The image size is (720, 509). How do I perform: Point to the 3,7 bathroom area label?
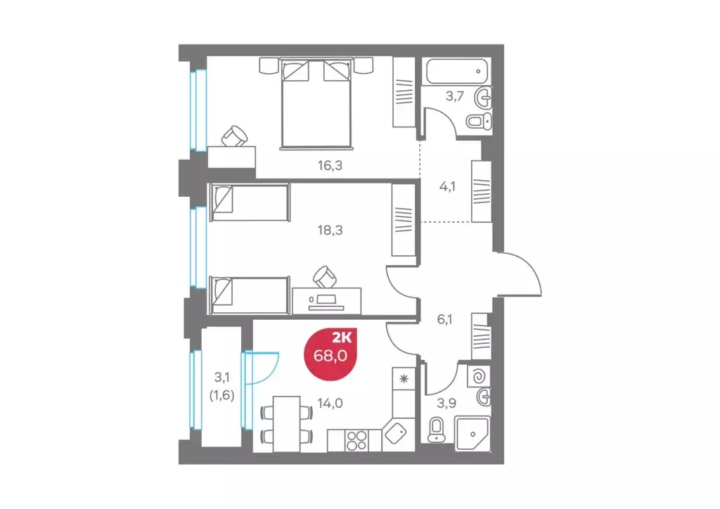pyautogui.click(x=454, y=96)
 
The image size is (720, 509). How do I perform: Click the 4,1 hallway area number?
pyautogui.click(x=446, y=187)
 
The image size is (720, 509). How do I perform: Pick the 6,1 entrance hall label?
pyautogui.click(x=444, y=318)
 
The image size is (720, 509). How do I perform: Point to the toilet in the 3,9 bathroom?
pyautogui.click(x=437, y=428)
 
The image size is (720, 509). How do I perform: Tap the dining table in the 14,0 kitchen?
pyautogui.click(x=285, y=420)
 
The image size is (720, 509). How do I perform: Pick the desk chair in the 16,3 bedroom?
pyautogui.click(x=235, y=136)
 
